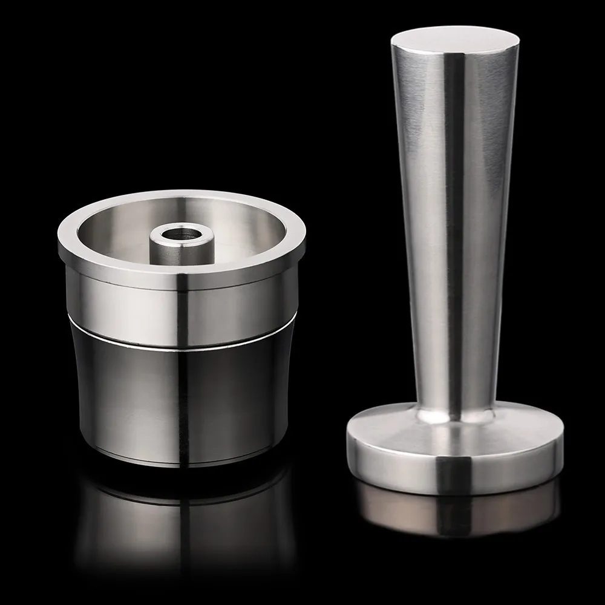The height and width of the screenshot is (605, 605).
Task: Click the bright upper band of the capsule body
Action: click(x=121, y=302)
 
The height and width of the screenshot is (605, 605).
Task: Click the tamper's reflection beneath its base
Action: click(x=454, y=514)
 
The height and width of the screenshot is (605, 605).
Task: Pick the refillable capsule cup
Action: click(x=181, y=333)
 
